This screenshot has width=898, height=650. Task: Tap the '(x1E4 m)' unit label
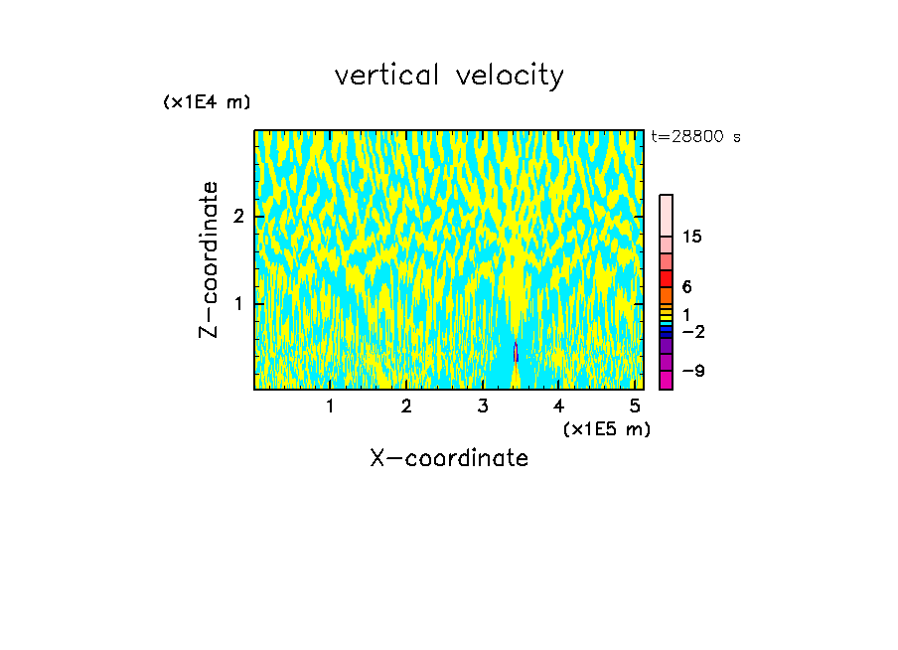coord(207,102)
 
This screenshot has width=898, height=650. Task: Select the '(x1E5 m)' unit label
coord(606,428)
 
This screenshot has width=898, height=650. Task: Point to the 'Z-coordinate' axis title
coord(209,259)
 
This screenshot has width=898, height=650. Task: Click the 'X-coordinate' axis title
coord(449,458)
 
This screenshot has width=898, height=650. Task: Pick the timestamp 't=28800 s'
coord(695,137)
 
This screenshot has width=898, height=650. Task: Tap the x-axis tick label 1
coord(330,406)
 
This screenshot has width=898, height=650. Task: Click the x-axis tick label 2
coord(406,406)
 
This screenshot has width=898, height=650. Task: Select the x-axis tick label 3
coord(482,406)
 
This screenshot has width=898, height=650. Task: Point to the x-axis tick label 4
coord(558,406)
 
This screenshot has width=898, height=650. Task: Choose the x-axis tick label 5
coord(634,406)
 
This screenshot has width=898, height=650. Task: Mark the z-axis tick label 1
coord(238,303)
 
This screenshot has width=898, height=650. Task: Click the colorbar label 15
coord(692,237)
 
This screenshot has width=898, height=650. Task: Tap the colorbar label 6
coord(686,287)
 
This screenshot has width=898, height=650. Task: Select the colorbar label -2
coord(692,332)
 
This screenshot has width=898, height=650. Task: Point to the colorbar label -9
coord(692,372)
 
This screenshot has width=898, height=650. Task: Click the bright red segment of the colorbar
coord(666,278)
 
